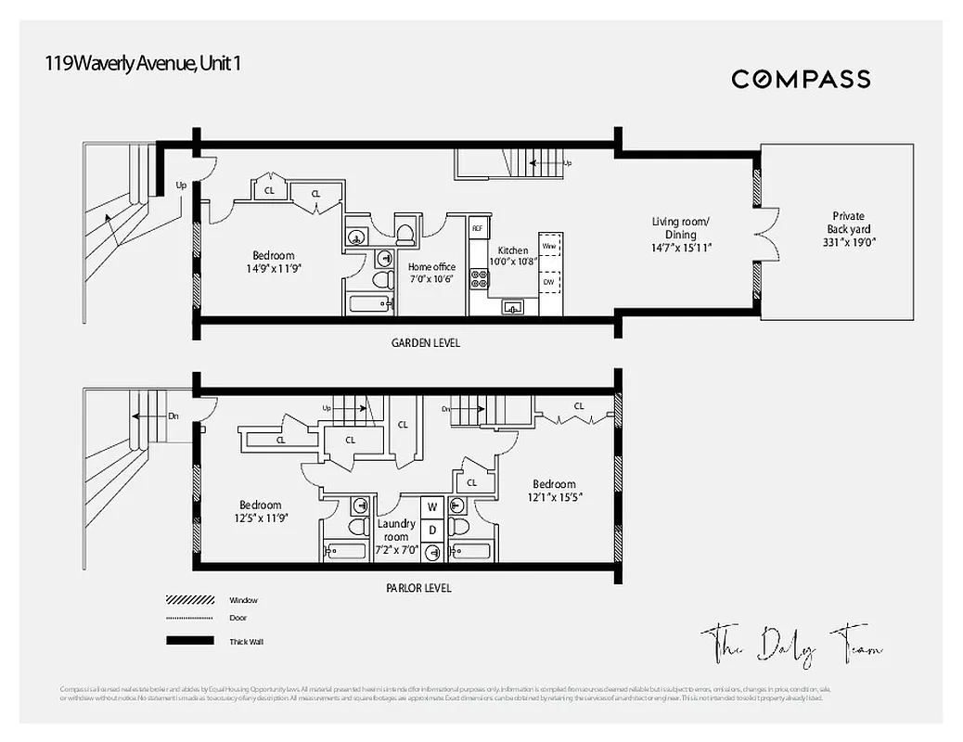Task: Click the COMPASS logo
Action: (801, 79)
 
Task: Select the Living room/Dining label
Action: (681, 235)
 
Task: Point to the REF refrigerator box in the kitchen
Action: (478, 228)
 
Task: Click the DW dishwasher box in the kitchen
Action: (549, 281)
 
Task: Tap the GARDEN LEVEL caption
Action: (426, 343)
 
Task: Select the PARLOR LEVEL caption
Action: (419, 588)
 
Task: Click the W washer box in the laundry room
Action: (431, 507)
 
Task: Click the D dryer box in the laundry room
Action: (431, 529)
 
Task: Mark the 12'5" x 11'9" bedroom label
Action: (261, 512)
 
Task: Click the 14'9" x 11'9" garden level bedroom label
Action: (273, 262)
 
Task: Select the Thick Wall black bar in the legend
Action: (189, 641)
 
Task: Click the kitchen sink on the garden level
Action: (513, 307)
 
